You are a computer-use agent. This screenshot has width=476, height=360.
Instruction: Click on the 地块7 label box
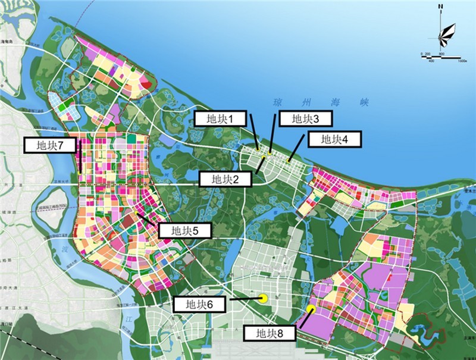pos(50,145)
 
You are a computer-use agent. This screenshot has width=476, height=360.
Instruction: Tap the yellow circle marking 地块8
pos(311,309)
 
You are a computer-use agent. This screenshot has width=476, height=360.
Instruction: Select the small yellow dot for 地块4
pos(289,160)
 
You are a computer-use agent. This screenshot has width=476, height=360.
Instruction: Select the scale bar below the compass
pos(440,57)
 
